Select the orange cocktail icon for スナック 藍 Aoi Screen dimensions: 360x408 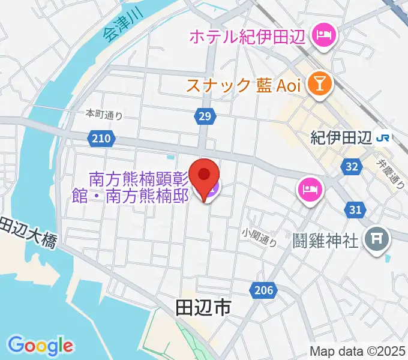(x=318, y=85)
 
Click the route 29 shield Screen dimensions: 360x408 (x=205, y=116)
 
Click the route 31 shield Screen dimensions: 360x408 (x=355, y=209)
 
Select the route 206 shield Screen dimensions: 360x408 (x=263, y=291)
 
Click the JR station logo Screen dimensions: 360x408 (x=382, y=138)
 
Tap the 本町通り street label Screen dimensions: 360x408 (x=104, y=114)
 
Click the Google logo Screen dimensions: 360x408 (x=41, y=345)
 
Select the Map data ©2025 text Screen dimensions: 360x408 (x=357, y=351)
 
